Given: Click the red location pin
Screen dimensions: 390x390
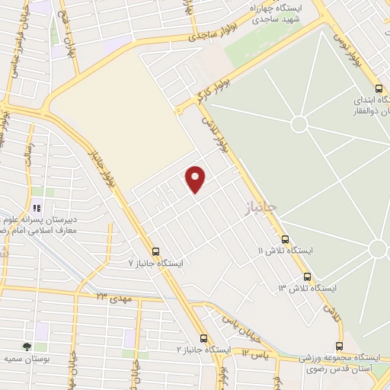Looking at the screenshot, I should tap(197, 177).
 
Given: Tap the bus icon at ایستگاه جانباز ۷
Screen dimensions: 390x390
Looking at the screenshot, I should tap(156, 251).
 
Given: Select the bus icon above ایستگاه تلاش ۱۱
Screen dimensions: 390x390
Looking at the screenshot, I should tap(285, 238).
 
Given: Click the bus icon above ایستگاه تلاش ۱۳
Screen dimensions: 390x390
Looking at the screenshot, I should tap(307, 277).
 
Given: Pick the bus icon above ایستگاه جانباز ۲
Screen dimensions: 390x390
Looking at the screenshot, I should tap(203, 338).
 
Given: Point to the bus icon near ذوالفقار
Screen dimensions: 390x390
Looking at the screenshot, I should tap(378, 88).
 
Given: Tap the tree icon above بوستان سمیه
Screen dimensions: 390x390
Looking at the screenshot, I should tap(27, 347).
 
